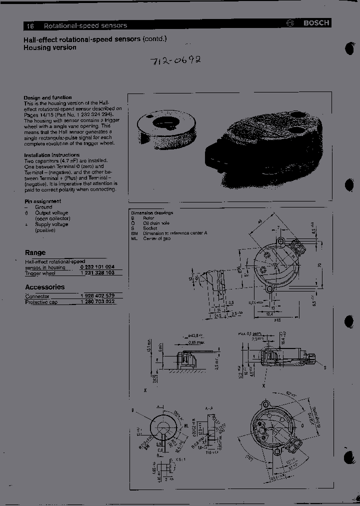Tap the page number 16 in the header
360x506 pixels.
(x=30, y=25)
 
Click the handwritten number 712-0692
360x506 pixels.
(x=175, y=60)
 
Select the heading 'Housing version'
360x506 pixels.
(x=50, y=47)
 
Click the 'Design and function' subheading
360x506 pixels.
(x=47, y=97)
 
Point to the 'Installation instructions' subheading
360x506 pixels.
(x=51, y=155)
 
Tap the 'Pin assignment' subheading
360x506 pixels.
(x=42, y=201)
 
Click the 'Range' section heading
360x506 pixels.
(x=35, y=252)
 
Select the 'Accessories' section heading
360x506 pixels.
(x=44, y=287)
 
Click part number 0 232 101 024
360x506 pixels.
(x=97, y=267)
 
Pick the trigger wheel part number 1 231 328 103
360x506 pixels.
(x=97, y=273)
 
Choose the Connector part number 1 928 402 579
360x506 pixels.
(x=97, y=296)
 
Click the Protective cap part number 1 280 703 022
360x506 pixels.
(x=97, y=302)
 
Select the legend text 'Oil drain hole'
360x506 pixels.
(x=156, y=223)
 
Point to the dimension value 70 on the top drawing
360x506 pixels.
(x=319, y=265)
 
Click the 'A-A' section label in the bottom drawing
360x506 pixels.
(x=209, y=408)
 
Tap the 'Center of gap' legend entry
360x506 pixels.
(x=157, y=238)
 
